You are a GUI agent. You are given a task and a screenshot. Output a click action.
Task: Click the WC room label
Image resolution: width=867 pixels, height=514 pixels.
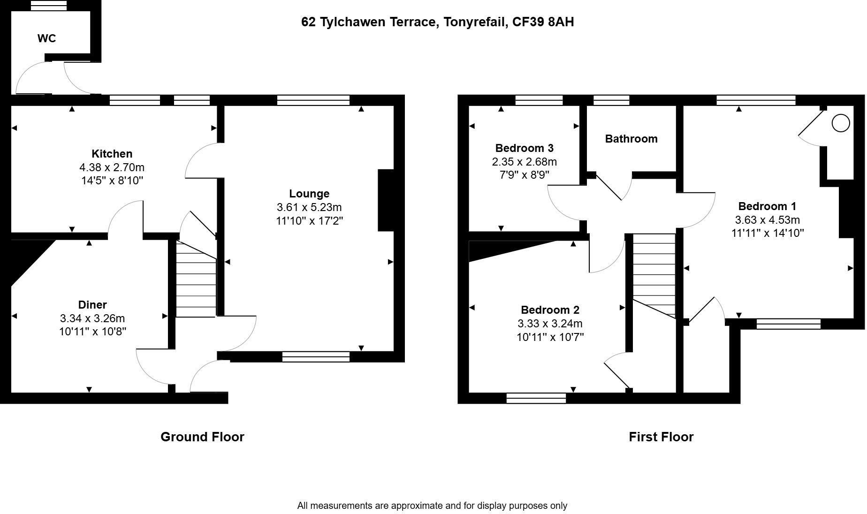(x=47, y=38)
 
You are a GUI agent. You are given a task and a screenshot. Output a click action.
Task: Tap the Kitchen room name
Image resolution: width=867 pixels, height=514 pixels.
(x=112, y=154)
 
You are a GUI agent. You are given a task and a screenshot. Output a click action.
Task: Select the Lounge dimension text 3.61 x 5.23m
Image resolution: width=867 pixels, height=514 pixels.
(x=309, y=207)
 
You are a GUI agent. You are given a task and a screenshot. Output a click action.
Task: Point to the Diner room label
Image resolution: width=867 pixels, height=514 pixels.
(x=92, y=305)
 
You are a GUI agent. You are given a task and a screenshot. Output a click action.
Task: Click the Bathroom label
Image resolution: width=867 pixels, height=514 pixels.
(x=631, y=139)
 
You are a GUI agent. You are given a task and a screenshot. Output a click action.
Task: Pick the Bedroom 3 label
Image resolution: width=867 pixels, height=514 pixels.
(x=525, y=148)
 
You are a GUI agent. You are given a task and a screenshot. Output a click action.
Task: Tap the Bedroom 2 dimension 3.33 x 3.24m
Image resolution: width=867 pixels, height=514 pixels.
(x=550, y=324)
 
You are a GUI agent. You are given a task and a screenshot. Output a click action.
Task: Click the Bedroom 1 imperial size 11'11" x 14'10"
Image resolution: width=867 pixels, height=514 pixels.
(x=768, y=233)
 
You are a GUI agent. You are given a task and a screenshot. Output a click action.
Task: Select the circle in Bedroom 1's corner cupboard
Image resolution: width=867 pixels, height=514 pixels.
(x=841, y=123)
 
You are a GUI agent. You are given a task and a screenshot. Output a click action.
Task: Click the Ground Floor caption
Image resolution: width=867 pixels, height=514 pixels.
(x=202, y=437)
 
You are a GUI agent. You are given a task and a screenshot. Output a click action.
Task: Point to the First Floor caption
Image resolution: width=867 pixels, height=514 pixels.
(x=661, y=437)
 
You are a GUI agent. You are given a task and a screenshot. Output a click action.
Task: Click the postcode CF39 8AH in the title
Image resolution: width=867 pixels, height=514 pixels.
(x=543, y=22)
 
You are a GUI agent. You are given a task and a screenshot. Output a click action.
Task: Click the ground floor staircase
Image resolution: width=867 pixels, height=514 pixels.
(x=196, y=279)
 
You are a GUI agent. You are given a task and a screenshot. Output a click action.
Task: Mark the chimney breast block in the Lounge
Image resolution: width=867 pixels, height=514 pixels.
(x=386, y=200)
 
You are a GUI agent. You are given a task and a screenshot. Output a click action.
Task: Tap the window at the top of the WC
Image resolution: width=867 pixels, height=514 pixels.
(x=49, y=5)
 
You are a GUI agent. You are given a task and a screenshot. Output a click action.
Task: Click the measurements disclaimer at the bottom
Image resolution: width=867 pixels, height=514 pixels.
(x=432, y=506)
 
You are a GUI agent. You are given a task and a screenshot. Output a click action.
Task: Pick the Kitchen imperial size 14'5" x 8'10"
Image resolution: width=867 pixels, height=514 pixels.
(x=112, y=181)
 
